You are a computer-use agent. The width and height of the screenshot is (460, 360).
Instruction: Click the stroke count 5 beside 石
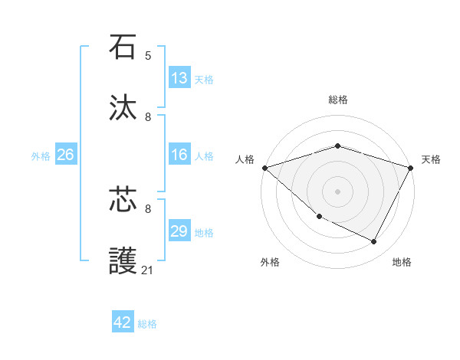[148, 56]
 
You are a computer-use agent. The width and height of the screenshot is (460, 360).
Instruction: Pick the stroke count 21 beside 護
[148, 270]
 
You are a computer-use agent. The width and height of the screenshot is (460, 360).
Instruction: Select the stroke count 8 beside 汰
[148, 117]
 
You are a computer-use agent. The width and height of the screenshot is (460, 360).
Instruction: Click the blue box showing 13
[179, 78]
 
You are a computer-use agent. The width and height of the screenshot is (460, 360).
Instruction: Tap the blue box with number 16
[179, 155]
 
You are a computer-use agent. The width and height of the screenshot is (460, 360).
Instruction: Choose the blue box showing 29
[179, 232]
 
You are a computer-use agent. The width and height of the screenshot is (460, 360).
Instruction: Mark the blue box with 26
[65, 155]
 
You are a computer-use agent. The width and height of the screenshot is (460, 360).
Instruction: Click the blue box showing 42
[123, 322]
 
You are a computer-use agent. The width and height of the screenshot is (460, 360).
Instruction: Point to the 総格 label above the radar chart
[338, 100]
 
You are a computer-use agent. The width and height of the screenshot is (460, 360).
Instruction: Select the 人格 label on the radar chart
[245, 159]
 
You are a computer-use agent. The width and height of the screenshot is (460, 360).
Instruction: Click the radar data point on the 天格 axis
[411, 167]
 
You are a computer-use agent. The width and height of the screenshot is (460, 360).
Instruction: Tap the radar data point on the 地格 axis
[374, 242]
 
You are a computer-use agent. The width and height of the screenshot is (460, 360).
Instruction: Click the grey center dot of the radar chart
[337, 191]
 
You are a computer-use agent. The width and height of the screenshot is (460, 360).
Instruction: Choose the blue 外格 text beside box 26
[41, 156]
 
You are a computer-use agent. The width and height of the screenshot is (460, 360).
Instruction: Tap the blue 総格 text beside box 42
[148, 323]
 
